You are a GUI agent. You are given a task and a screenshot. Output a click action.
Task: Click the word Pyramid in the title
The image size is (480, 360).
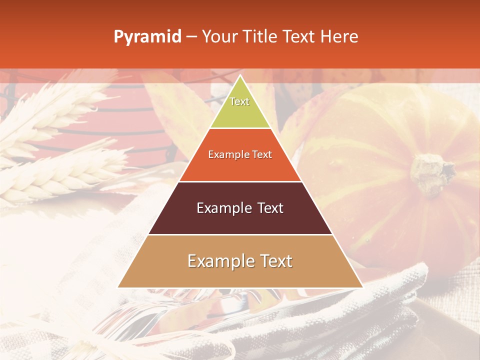click(x=147, y=37)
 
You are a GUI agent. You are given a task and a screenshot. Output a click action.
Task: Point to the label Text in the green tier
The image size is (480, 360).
click(x=239, y=101)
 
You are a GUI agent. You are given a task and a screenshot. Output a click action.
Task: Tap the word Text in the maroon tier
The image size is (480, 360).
click(x=268, y=208)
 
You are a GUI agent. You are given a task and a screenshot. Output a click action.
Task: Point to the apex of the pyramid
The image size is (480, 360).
click(x=240, y=76)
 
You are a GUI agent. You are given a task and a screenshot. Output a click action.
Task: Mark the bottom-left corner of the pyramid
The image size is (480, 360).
click(x=118, y=287)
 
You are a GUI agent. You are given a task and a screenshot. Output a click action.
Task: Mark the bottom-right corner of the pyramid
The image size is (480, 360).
click(x=362, y=287)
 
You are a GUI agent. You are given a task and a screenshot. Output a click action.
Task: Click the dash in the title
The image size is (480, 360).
click(x=191, y=37)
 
